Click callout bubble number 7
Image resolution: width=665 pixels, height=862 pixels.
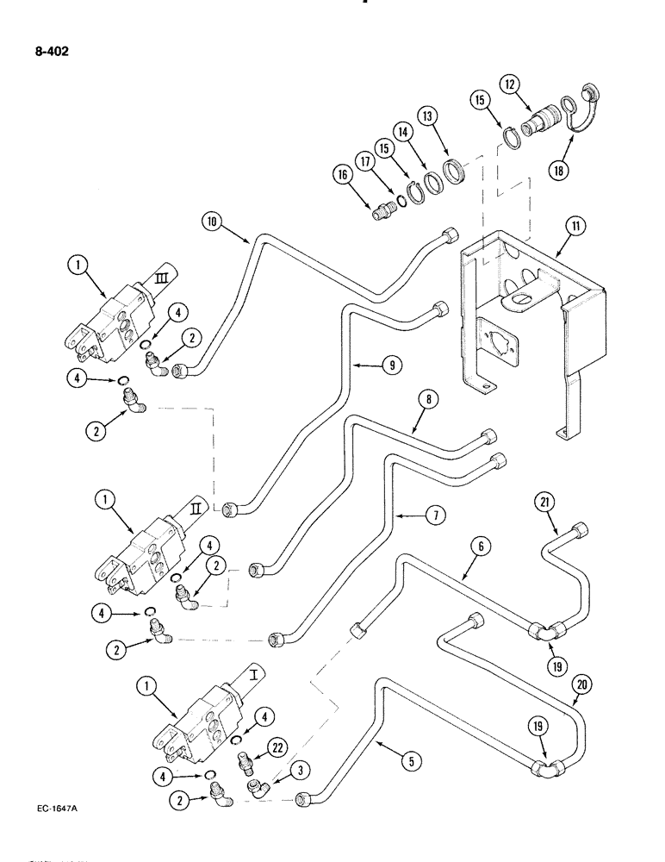tap(435, 515)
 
